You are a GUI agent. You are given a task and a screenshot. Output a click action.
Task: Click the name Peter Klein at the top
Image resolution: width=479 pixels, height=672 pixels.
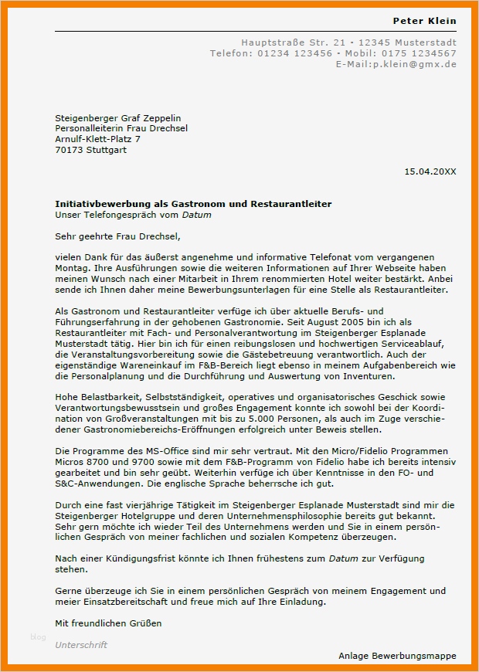[424, 21]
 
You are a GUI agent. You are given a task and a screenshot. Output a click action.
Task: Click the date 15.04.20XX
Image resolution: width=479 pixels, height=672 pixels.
[430, 171]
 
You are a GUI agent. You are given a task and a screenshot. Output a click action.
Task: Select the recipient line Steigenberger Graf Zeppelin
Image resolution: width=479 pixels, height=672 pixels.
[118, 117]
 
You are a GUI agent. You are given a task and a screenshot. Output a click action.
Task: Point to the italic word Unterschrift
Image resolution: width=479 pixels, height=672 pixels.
[81, 644]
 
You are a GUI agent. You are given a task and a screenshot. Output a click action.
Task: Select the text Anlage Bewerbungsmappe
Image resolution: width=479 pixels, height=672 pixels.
[397, 656]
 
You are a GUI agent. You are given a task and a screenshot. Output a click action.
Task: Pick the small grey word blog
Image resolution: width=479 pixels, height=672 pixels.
[38, 636]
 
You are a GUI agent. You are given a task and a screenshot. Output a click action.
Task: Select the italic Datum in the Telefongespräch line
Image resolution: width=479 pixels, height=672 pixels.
[196, 215]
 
